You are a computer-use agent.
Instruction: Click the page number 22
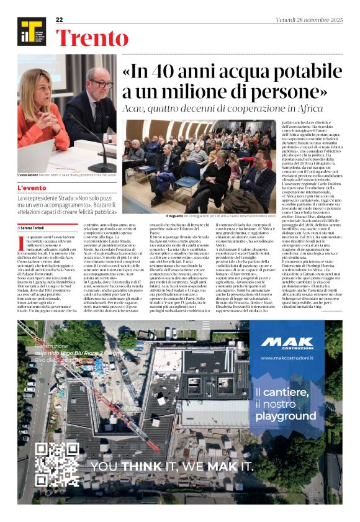point(60,20)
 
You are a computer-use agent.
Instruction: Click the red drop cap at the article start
point(21,242)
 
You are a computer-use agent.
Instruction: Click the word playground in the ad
point(286,415)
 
